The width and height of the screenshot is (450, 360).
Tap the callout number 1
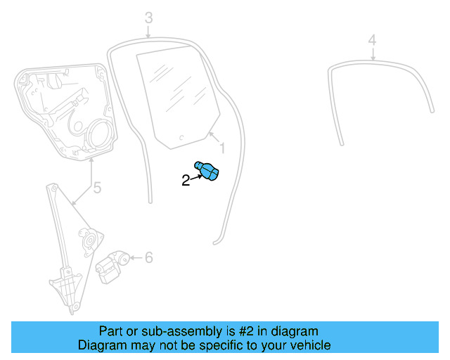[222, 148]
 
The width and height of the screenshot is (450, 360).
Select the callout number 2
[186, 181]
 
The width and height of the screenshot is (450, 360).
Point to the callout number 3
[148, 17]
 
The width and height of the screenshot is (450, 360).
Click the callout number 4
[373, 39]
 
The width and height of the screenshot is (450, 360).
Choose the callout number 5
[97, 188]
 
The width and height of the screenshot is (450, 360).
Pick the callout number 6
[148, 258]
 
